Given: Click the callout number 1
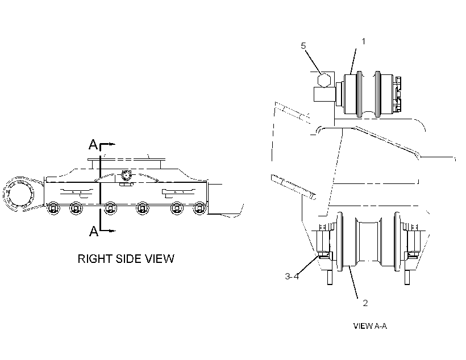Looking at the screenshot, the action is (363, 41).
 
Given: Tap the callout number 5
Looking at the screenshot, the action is (303, 46).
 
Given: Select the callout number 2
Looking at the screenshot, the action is (365, 303).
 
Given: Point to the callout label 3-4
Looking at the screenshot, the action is (292, 276).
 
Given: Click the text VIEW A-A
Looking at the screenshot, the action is (370, 326).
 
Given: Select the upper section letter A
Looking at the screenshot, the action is (93, 145).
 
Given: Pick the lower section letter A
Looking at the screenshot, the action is (94, 231).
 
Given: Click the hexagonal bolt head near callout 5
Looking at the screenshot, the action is (324, 80).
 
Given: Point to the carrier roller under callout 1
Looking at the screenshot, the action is (368, 94).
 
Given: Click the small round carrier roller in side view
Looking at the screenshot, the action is (126, 176).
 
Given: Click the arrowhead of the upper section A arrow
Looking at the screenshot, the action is (112, 144).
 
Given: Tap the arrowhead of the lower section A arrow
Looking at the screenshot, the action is (112, 231).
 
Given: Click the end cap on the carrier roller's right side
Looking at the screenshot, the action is (397, 94).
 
